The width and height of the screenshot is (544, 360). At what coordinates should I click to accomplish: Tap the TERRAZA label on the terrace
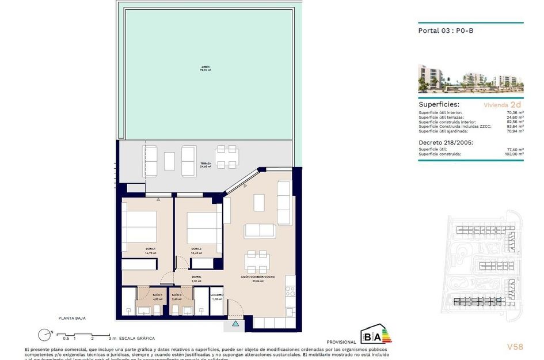(x=205, y=164)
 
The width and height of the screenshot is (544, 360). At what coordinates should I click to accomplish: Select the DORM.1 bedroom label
(x=151, y=249)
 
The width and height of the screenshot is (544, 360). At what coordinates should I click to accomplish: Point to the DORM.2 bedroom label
(x=197, y=249)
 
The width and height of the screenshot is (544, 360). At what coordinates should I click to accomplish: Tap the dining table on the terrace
(x=226, y=157)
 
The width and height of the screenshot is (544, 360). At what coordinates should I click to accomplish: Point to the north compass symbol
(x=44, y=335)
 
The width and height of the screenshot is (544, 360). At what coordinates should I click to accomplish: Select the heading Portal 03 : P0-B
(x=442, y=31)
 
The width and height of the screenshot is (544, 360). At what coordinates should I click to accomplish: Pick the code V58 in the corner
(x=515, y=347)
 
